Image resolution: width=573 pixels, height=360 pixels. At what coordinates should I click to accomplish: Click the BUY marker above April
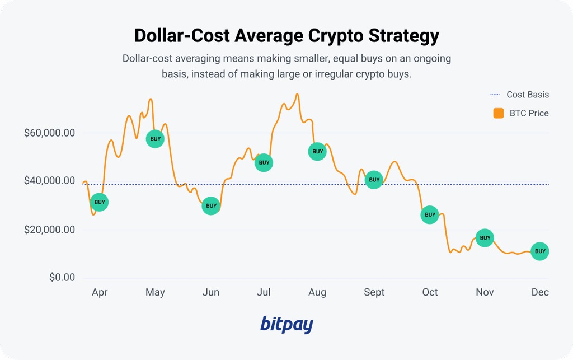(99, 202)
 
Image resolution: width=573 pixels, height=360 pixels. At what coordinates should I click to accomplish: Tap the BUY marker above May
(155, 139)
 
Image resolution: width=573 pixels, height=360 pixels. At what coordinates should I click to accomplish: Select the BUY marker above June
(211, 206)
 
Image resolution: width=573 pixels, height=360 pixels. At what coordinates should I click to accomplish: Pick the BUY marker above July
(264, 163)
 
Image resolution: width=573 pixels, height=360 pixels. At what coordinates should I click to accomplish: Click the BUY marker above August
(317, 152)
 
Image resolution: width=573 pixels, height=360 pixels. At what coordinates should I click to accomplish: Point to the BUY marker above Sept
(374, 180)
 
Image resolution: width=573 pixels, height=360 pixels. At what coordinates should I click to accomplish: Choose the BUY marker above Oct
(429, 214)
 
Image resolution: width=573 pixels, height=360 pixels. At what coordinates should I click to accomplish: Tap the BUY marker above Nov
(485, 238)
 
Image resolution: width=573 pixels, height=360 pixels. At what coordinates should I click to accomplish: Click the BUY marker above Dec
(540, 251)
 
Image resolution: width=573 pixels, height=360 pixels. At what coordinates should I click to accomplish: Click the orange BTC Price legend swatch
(499, 113)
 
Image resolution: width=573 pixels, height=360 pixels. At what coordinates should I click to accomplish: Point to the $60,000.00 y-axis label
(50, 133)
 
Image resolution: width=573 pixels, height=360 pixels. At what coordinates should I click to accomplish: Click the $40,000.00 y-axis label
(50, 181)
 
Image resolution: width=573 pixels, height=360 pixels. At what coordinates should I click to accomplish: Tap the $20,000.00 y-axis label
(50, 230)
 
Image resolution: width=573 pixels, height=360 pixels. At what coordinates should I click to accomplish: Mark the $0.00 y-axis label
(62, 278)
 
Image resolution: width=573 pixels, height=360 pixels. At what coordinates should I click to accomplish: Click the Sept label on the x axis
(374, 292)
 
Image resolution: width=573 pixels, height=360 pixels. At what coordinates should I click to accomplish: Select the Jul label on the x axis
(264, 292)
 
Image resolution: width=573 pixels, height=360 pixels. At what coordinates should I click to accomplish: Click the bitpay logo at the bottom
(286, 325)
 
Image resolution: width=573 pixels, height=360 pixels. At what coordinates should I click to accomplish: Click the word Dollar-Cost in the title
(181, 36)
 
